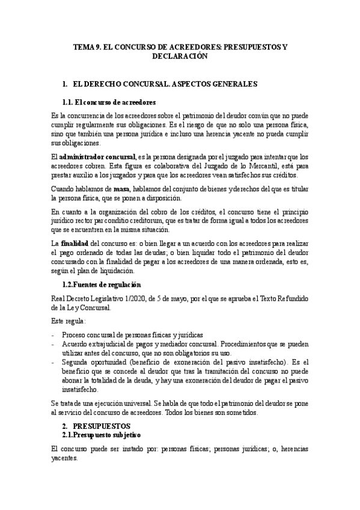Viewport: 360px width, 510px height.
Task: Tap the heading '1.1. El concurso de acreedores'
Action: point(109,102)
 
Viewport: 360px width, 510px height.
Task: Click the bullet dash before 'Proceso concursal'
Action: point(54,335)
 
